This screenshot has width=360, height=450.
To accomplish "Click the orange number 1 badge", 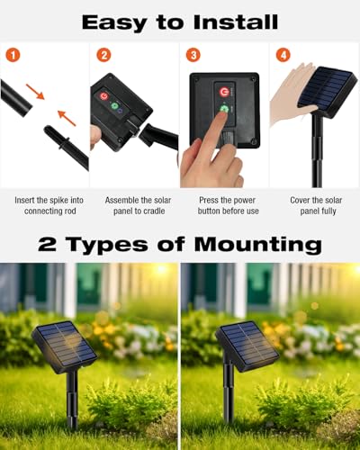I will pyautogui.click(x=13, y=55).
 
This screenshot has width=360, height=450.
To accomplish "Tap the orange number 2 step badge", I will pyautogui.click(x=103, y=55).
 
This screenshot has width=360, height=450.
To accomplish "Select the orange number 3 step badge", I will pyautogui.click(x=193, y=55).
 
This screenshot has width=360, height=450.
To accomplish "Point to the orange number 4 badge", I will pyautogui.click(x=283, y=55).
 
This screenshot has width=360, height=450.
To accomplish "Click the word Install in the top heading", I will pyautogui.click(x=230, y=22).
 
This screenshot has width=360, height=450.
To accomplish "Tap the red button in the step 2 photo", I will pyautogui.click(x=103, y=96).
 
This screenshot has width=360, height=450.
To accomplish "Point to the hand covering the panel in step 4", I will pyautogui.click(x=290, y=94).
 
